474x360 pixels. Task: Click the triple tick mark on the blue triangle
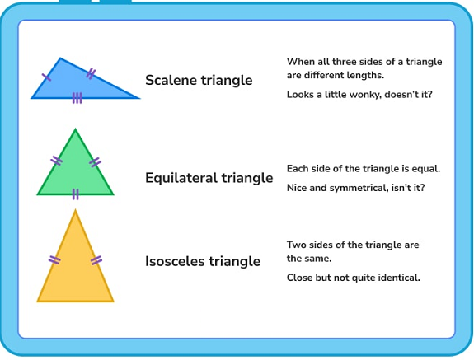coord(77,98)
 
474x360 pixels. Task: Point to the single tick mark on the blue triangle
coord(46,77)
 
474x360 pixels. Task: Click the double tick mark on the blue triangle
coord(91,73)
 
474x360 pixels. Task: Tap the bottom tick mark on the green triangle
coord(76,194)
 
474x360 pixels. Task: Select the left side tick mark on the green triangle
coord(56,161)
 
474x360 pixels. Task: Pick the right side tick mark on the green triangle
coord(95,162)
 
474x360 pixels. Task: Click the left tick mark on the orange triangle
coord(54,259)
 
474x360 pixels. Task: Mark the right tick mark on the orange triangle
coord(96,260)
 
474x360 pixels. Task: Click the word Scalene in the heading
coord(171,80)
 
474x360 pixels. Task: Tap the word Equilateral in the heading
coord(181,178)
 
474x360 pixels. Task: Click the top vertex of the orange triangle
coord(75,210)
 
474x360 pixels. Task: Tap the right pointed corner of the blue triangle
coord(139,98)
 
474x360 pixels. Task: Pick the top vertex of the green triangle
coord(75,129)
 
